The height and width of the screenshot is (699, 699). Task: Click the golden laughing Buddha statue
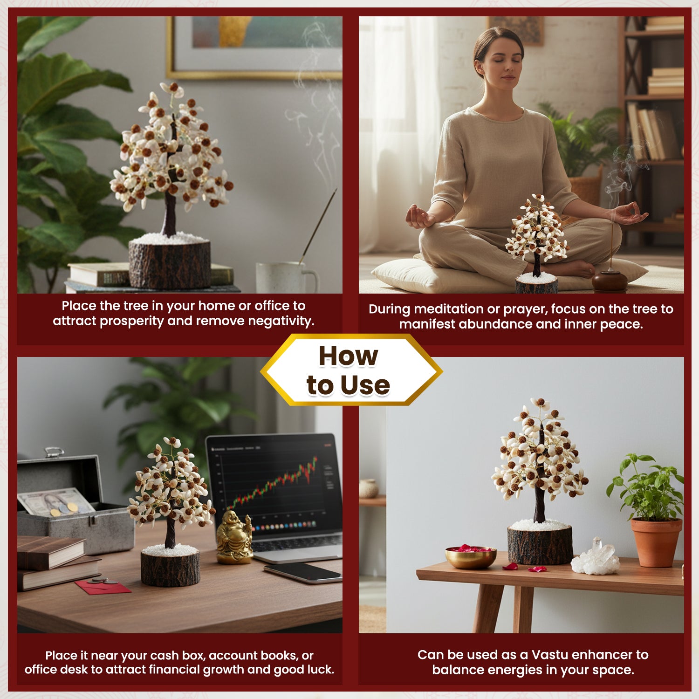pos(234,537)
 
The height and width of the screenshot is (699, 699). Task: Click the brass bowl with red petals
pos(471,557)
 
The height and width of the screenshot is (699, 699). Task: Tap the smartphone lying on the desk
pos(303,573)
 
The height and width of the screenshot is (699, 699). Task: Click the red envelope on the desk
pos(103,587)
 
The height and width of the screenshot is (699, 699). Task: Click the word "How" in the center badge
pos(348,356)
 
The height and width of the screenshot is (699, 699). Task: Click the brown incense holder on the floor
pos(610,281)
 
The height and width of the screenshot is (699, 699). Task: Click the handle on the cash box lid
pos(54,452)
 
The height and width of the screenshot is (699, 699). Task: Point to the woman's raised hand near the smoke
pos(630,214)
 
